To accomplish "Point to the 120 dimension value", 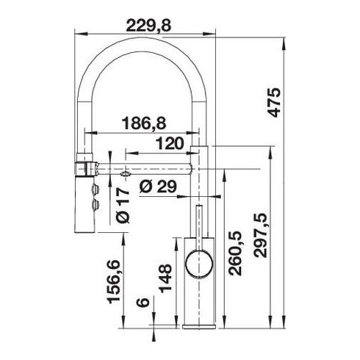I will tap(170, 143).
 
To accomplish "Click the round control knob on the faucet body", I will tap(201, 262).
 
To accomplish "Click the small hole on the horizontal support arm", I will tap(123, 174).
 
